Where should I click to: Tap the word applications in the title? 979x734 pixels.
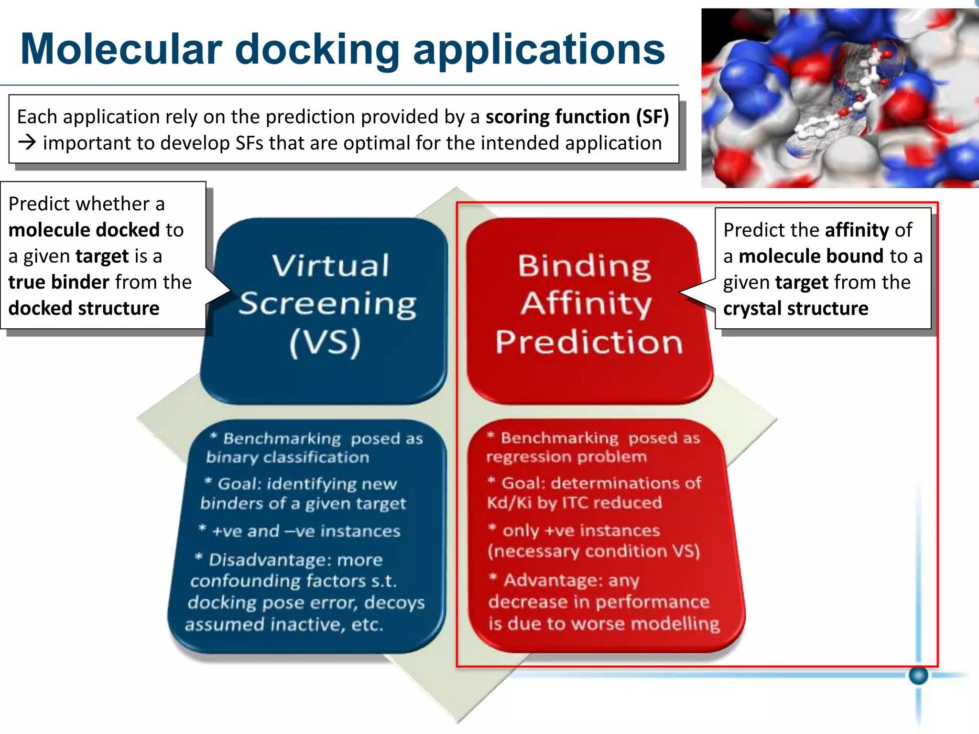[539, 50]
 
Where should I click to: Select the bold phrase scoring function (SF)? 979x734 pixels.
[577, 117]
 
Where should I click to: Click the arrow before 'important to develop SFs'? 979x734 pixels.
[27, 143]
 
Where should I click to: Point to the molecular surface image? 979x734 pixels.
[839, 98]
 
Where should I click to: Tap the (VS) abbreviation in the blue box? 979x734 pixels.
[325, 342]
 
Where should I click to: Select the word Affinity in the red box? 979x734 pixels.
[586, 303]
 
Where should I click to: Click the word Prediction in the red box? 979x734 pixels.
[589, 342]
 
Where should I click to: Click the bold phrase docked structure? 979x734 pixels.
[84, 309]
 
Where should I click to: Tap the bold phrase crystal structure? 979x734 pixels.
[795, 309]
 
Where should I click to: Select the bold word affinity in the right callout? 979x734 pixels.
[856, 230]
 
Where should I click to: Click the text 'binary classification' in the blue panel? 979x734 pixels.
[287, 458]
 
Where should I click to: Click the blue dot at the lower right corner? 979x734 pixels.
[918, 675]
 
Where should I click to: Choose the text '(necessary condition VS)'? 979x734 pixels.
[594, 551]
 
